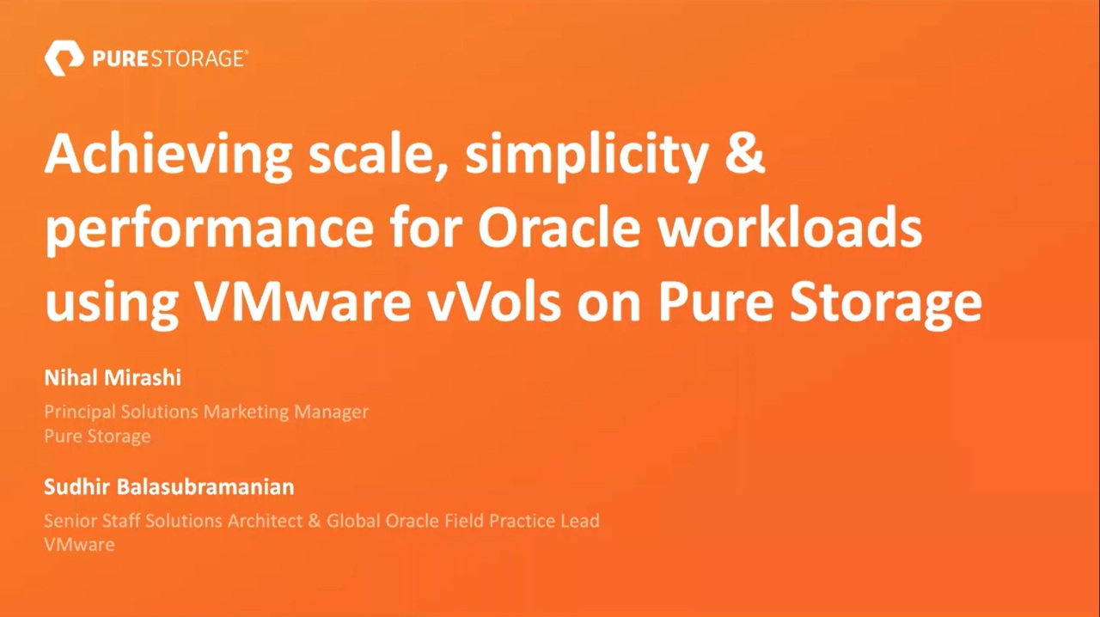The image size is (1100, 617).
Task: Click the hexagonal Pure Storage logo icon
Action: coord(64,58)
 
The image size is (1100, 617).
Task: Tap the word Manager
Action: coord(332,412)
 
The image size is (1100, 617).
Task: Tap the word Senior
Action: coord(70,521)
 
